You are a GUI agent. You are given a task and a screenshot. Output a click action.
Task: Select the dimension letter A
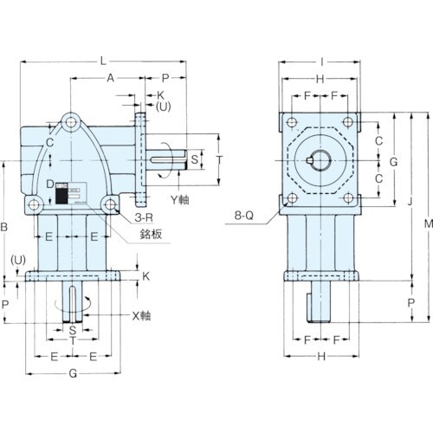109,77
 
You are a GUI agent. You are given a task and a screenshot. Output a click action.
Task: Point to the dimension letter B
6,227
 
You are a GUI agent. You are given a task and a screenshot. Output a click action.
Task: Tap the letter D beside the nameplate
51,183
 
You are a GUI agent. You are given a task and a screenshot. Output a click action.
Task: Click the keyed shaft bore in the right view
320,161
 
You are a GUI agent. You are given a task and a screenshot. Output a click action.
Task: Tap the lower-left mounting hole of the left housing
35,204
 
